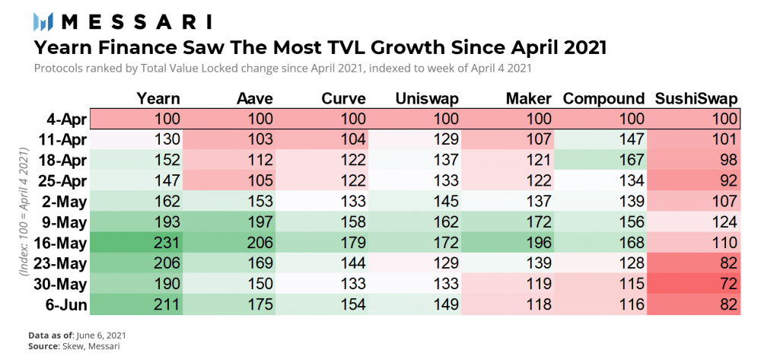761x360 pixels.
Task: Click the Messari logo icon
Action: click(x=43, y=21)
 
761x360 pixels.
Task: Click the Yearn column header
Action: click(x=158, y=98)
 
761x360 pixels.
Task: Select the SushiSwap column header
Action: click(x=697, y=98)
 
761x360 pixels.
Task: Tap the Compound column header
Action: click(x=603, y=98)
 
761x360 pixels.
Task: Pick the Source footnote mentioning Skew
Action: click(x=69, y=346)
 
